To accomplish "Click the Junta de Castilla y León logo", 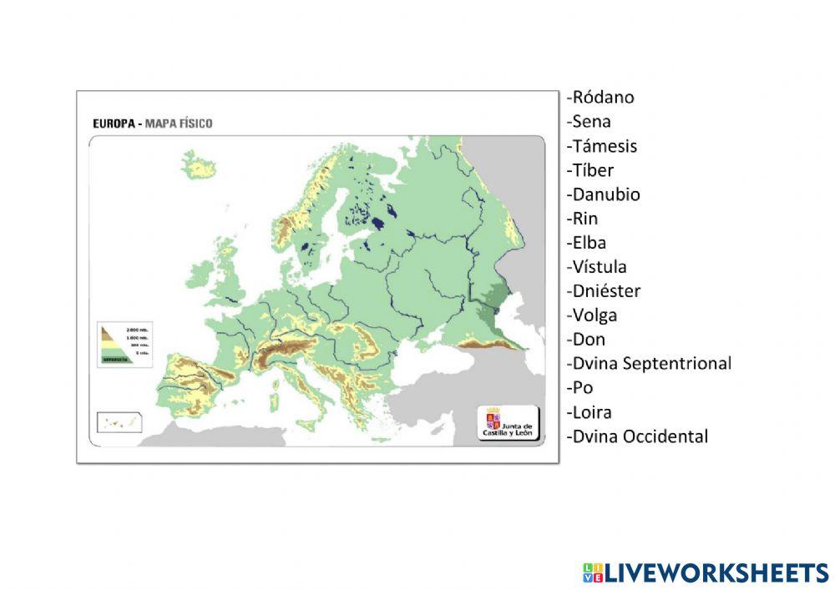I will click(x=509, y=423).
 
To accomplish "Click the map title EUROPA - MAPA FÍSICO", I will click(x=152, y=124).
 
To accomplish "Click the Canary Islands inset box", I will click(x=119, y=422).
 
